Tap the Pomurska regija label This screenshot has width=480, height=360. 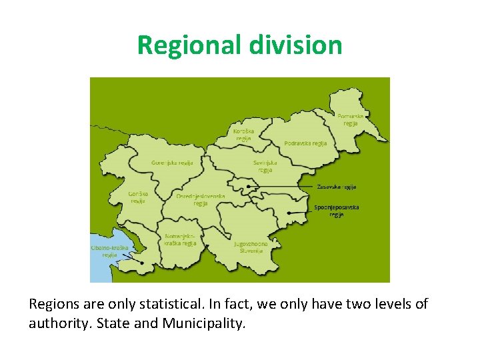click(351, 119)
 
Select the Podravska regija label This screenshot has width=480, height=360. click(305, 143)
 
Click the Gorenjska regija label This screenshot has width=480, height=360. click(172, 163)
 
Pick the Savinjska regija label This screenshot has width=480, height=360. click(265, 165)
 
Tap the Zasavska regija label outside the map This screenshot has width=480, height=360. click(337, 187)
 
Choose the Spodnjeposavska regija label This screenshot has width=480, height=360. click(337, 211)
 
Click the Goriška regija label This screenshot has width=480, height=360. click(138, 197)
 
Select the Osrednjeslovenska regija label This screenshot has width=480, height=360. click(201, 199)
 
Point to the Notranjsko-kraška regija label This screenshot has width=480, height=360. click(181, 239)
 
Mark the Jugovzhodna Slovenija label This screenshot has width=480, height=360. click(251, 247)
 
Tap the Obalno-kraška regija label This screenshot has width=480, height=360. click(109, 251)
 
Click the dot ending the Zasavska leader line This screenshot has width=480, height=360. click(248, 187)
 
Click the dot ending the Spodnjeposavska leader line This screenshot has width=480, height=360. click(289, 213)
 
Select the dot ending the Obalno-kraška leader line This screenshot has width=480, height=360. click(141, 262)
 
